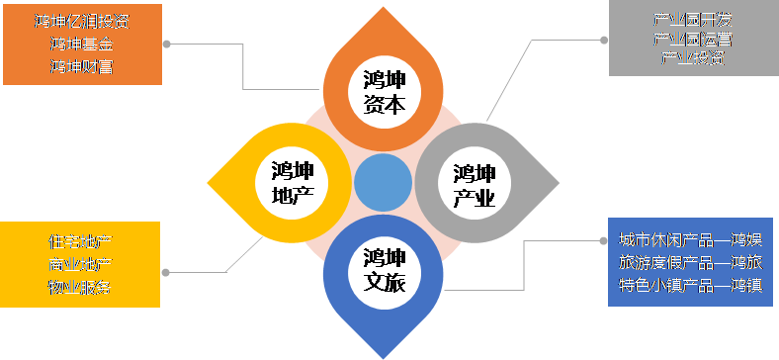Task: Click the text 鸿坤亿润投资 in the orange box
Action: pyautogui.click(x=81, y=21)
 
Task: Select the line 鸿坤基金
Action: pyautogui.click(x=81, y=44)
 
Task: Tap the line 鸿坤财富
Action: pyautogui.click(x=81, y=66)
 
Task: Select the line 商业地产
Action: pyautogui.click(x=80, y=264)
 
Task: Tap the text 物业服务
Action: pyautogui.click(x=80, y=287)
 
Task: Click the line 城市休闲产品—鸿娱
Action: pyautogui.click(x=690, y=240)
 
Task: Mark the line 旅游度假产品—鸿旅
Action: pyautogui.click(x=690, y=263)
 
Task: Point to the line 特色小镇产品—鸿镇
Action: pyautogui.click(x=690, y=286)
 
